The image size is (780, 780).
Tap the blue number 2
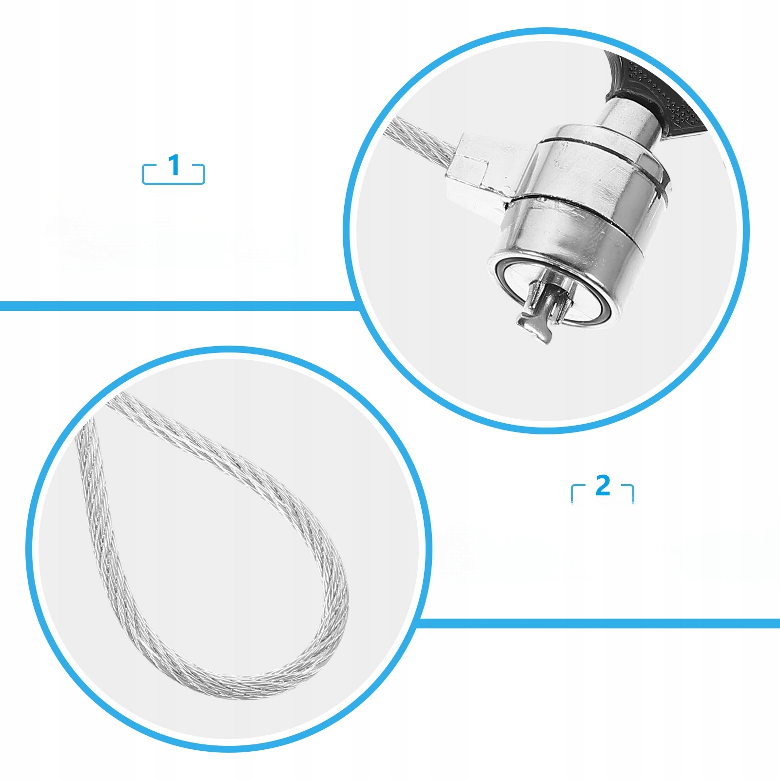(x=603, y=486)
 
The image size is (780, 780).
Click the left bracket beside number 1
(x=149, y=174)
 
